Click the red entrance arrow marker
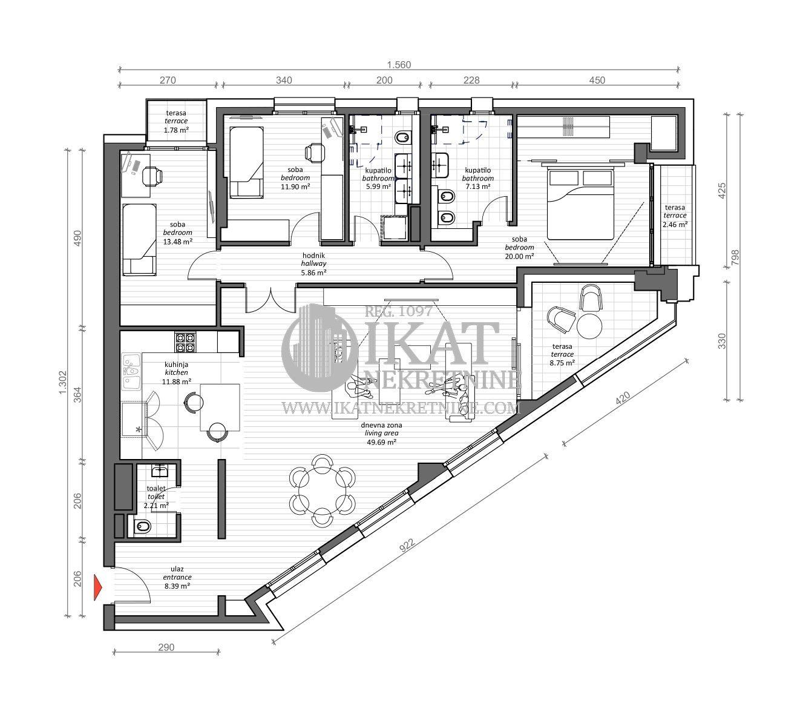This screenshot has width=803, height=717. point(97,588)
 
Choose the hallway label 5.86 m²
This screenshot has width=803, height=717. point(313,273)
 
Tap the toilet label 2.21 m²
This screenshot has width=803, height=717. point(157,504)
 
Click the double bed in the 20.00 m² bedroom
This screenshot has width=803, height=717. point(580,204)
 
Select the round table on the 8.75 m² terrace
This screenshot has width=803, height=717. point(589,326)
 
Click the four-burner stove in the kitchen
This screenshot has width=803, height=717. point(185,342)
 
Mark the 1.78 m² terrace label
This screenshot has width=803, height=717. point(177,129)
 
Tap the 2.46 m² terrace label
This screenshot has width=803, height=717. point(675,224)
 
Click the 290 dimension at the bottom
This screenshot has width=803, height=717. point(166,647)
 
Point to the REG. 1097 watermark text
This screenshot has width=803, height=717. point(398,311)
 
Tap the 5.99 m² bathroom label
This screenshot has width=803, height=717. point(379,187)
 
